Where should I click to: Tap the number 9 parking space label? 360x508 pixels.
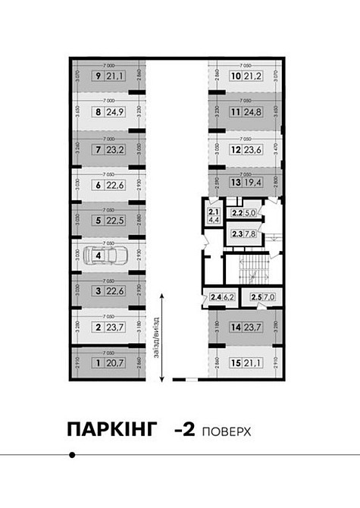(98, 76)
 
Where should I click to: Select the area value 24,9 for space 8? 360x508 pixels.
(114, 112)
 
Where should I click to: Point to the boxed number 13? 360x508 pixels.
(236, 183)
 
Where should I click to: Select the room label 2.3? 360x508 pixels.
(237, 234)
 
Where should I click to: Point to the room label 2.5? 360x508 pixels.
(256, 296)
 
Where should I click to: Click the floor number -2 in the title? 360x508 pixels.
(185, 430)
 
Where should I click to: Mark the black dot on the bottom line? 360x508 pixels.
(72, 455)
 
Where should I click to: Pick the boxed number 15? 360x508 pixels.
(236, 364)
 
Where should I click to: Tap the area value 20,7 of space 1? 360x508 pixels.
(114, 364)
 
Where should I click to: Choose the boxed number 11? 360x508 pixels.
(236, 113)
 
